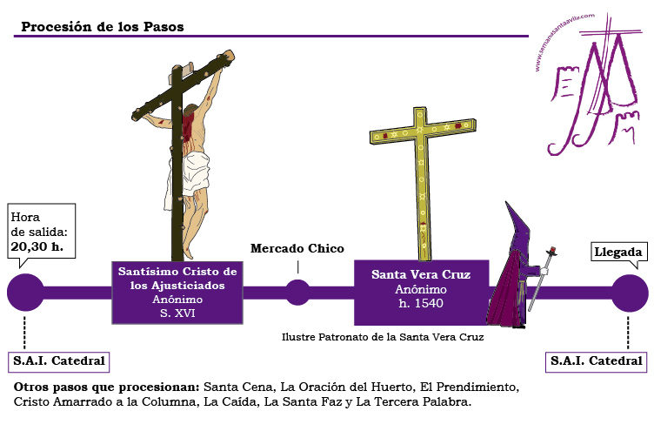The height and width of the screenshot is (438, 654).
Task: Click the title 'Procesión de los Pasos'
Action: pyautogui.click(x=103, y=27)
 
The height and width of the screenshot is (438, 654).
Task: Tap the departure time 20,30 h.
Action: pyautogui.click(x=37, y=246)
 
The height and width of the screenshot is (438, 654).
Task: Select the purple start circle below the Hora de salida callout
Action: pyautogui.click(x=25, y=293)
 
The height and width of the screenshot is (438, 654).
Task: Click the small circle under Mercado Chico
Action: pyautogui.click(x=297, y=293)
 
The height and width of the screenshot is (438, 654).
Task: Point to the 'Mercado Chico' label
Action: pyautogui.click(x=297, y=248)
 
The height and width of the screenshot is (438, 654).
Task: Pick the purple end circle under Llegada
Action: pyautogui.click(x=630, y=293)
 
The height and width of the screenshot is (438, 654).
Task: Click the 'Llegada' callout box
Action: pyautogui.click(x=619, y=253)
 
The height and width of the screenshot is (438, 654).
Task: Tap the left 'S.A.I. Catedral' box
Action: pyautogui.click(x=59, y=361)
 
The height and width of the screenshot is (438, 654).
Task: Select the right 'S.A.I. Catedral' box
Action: pyautogui.click(x=596, y=361)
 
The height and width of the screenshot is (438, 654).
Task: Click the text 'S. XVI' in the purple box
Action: pyautogui.click(x=177, y=313)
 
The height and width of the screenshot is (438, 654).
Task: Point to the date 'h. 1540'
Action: pyautogui.click(x=421, y=303)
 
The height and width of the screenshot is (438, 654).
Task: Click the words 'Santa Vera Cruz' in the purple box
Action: pyautogui.click(x=421, y=274)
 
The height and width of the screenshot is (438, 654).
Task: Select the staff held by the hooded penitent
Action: pyautogui.click(x=542, y=279)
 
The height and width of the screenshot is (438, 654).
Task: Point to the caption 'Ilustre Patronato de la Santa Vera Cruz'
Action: pyautogui.click(x=383, y=337)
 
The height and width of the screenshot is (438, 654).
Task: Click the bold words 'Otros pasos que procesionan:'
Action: pyautogui.click(x=107, y=387)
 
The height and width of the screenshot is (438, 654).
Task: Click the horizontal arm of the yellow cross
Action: pyautogui.click(x=423, y=131)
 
